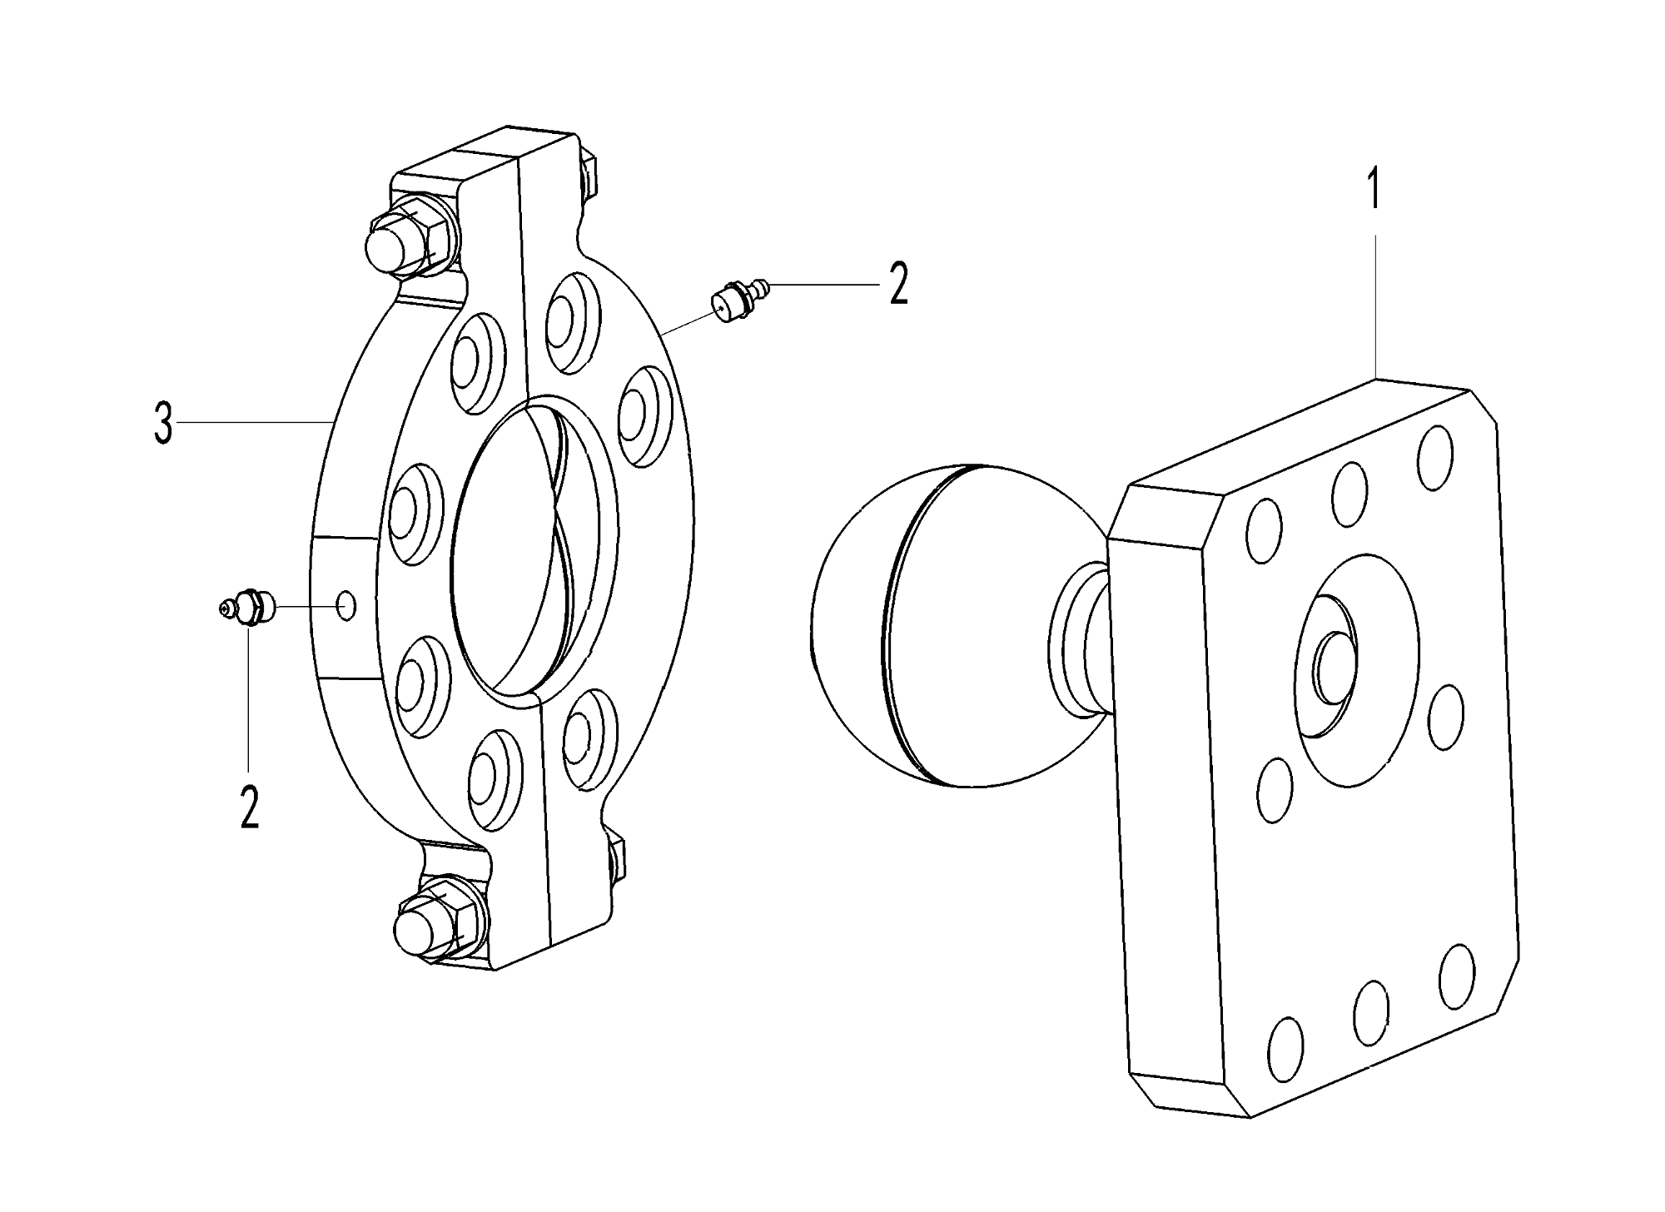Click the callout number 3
tap(163, 425)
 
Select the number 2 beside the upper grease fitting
tap(898, 286)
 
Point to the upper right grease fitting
tap(739, 300)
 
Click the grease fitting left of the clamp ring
tap(246, 608)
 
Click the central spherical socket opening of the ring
tap(533, 549)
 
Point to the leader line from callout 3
tap(254, 424)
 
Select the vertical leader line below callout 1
tap(1375, 307)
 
